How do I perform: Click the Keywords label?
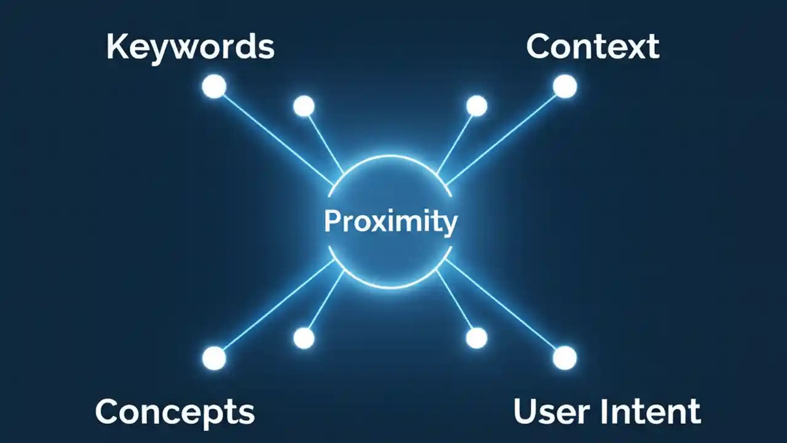[190, 47]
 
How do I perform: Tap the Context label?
[593, 47]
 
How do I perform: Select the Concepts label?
[175, 411]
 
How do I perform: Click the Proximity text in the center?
[390, 221]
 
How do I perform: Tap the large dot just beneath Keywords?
[214, 87]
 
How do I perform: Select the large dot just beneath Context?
[564, 87]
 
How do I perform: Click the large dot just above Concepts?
[214, 358]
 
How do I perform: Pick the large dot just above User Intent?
[564, 358]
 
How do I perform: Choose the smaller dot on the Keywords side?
[304, 106]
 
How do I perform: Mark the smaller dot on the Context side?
[477, 106]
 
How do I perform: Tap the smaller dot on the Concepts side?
[304, 338]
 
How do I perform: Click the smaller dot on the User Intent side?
[477, 338]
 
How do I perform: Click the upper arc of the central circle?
[390, 156]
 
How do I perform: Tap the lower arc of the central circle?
[390, 287]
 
